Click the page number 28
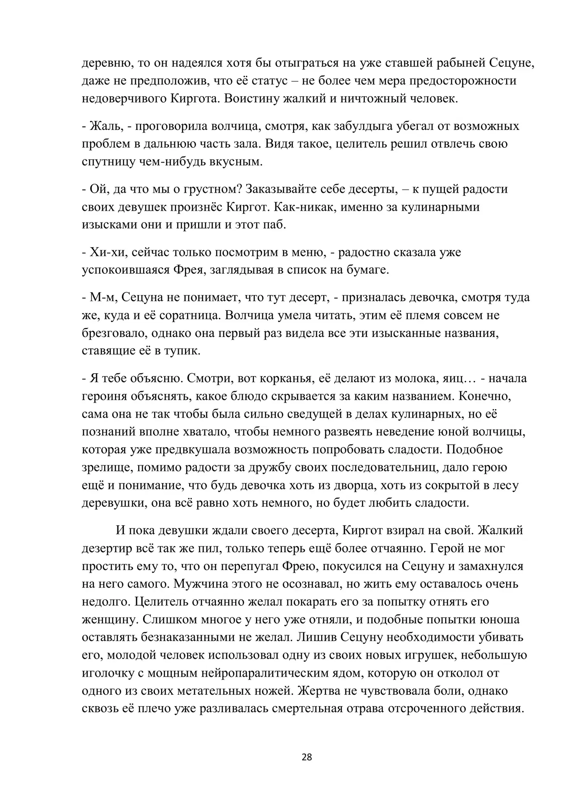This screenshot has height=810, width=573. [x=307, y=757]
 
